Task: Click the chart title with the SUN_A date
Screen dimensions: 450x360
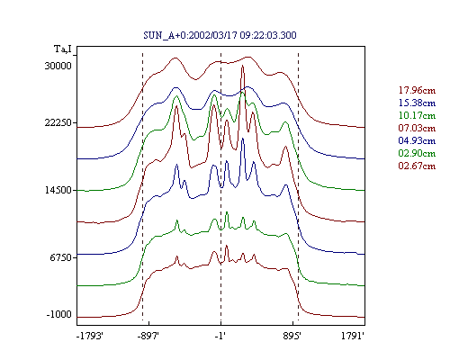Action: [220, 35]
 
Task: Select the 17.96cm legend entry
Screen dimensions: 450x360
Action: [417, 90]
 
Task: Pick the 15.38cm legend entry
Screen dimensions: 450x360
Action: [417, 103]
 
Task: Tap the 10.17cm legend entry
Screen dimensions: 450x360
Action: [417, 115]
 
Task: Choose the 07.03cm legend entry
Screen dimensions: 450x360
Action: [417, 128]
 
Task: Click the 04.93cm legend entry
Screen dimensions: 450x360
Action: [417, 140]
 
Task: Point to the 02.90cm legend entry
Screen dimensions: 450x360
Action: [417, 153]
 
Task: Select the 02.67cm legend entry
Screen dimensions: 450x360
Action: [417, 166]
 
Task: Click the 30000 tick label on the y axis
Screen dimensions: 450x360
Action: [58, 66]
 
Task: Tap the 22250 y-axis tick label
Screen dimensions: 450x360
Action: [58, 122]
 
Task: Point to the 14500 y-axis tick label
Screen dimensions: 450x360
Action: [58, 190]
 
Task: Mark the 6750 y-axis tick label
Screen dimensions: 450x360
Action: [61, 257]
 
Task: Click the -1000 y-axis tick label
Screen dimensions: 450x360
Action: [59, 315]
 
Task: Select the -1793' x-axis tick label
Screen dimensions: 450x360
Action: [90, 337]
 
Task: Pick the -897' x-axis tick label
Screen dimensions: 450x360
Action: [148, 337]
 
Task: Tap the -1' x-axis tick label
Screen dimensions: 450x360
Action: [220, 337]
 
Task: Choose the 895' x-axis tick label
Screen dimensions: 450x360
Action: [292, 337]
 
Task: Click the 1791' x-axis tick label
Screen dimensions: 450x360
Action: [353, 337]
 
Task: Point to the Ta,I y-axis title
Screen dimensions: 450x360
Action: [63, 49]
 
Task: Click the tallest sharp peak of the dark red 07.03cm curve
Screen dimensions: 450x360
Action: [243, 66]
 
